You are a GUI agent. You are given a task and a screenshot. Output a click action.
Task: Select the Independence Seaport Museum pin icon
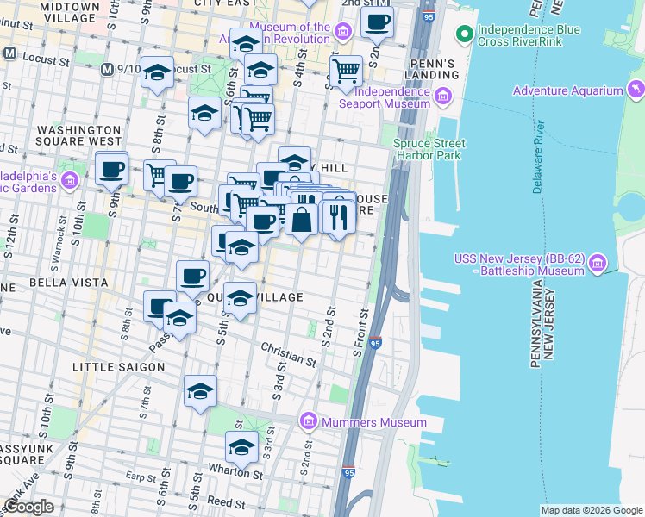click(445, 97)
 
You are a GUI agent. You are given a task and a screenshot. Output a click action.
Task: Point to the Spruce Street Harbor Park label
click(429, 149)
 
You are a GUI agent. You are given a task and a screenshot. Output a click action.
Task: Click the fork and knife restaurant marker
click(339, 216)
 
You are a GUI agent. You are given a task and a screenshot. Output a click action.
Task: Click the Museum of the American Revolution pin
click(343, 33)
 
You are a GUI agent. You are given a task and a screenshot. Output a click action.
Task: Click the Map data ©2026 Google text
click(592, 510)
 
